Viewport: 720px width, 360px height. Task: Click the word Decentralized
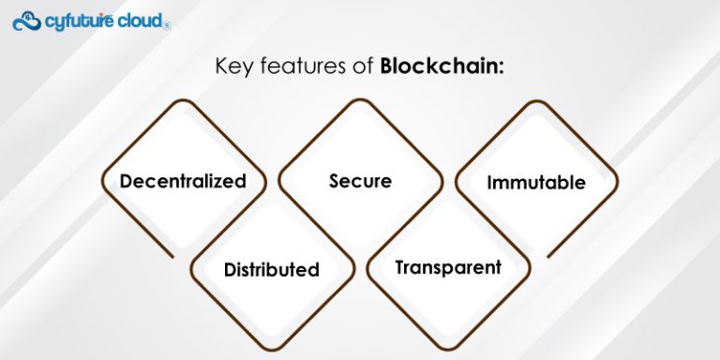[183, 181]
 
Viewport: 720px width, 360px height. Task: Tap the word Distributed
[271, 270]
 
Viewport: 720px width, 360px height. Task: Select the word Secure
[360, 180]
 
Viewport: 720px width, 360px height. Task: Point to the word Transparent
[448, 267]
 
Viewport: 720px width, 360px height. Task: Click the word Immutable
[536, 182]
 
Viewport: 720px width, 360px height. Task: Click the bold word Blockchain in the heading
[440, 67]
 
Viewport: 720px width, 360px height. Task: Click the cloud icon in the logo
[25, 20]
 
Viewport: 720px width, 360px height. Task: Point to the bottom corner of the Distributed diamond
[271, 350]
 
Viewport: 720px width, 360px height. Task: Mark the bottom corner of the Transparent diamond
[448, 350]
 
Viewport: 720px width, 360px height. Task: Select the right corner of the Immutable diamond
[618, 181]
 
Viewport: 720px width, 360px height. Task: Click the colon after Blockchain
[502, 68]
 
